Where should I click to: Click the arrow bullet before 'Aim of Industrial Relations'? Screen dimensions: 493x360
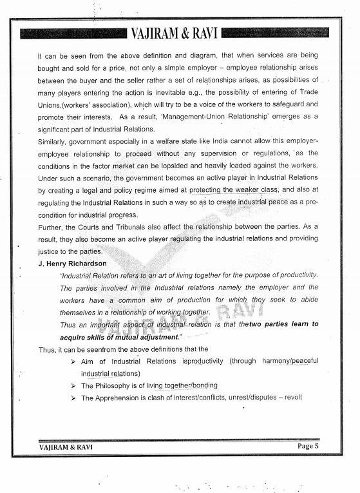[x=73, y=361]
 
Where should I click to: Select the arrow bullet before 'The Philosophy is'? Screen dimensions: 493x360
[x=73, y=385]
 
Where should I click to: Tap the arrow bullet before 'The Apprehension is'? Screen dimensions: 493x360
[x=73, y=398]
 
